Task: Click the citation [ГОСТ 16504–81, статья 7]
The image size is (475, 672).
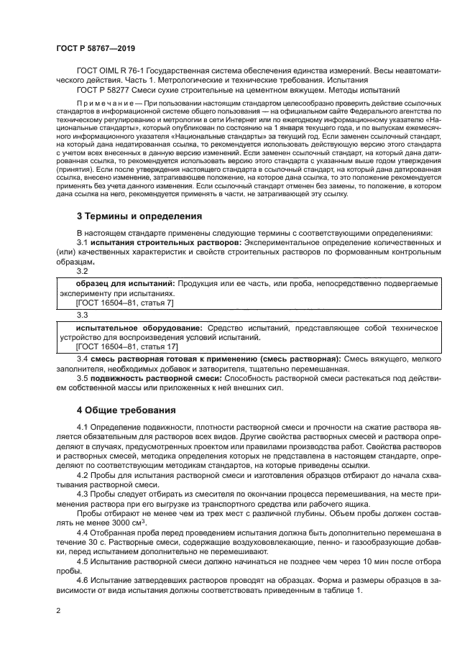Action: tap(114, 303)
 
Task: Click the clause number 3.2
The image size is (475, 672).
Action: tap(82, 271)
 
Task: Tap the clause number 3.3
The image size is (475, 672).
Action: tap(82, 315)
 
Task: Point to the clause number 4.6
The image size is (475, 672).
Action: tap(83, 579)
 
